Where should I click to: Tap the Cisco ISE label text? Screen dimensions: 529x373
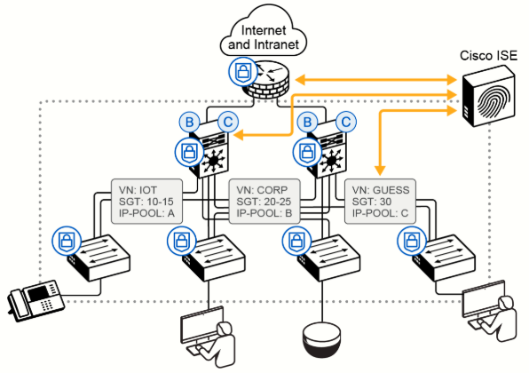coord(488,55)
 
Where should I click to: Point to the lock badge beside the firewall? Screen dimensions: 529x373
coord(242,72)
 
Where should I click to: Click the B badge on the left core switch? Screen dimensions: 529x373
coord(189,122)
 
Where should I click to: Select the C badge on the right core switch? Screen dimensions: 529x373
coord(345,122)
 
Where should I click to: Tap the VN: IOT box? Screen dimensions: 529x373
coord(146,202)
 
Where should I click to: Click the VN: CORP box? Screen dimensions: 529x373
coord(264,202)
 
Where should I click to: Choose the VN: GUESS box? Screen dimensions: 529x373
coord(380,202)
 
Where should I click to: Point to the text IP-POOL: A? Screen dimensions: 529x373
coord(146,213)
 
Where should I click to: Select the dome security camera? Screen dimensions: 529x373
coord(322,339)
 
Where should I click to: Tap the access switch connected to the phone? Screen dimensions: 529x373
coord(100,258)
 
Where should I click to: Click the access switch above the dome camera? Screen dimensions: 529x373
coord(329,258)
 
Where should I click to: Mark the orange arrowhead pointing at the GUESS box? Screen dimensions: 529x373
coord(380,171)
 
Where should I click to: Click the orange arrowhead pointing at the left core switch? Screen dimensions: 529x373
coord(238,135)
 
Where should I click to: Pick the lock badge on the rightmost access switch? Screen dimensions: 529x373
coord(411,241)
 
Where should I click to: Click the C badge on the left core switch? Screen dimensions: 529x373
coord(228,122)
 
